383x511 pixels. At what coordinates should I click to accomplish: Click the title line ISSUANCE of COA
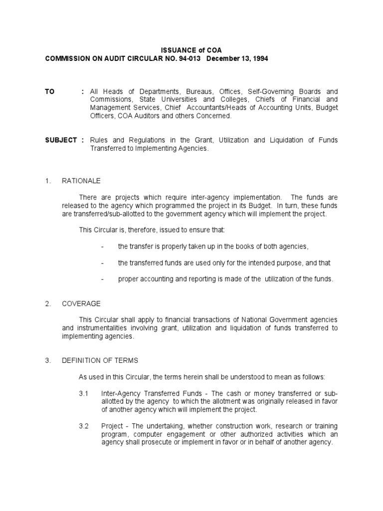pyautogui.click(x=191, y=50)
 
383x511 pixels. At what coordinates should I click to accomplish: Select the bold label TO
pyautogui.click(x=49, y=92)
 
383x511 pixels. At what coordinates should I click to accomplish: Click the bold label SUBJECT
pyautogui.click(x=61, y=140)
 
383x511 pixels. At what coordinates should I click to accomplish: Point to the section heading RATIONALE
pyautogui.click(x=81, y=181)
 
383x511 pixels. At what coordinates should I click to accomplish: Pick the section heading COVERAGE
pyautogui.click(x=81, y=303)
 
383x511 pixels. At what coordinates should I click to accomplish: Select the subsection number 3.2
pyautogui.click(x=83, y=426)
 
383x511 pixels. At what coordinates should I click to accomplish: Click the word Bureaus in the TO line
pyautogui.click(x=198, y=92)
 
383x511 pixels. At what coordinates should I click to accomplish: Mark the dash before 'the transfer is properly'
pyautogui.click(x=102, y=246)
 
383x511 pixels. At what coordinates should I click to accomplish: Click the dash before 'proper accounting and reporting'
pyautogui.click(x=102, y=279)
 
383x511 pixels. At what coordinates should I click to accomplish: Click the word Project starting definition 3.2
pyautogui.click(x=111, y=426)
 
